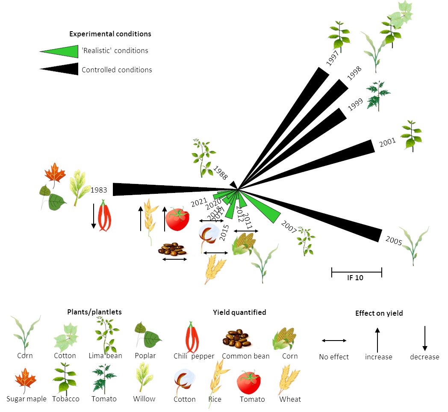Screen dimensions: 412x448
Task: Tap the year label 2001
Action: [x=387, y=142]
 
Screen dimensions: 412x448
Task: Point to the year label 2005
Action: [x=393, y=241]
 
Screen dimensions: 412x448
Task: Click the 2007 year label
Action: [x=289, y=227]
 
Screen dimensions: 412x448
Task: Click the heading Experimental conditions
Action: [x=110, y=34]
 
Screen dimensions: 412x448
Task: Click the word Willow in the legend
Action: [x=144, y=399]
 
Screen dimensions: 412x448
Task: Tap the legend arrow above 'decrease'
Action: [x=424, y=338]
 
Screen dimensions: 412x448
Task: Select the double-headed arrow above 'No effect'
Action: [x=334, y=341]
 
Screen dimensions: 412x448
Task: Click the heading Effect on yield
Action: [x=379, y=313]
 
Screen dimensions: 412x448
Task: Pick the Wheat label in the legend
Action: [x=290, y=399]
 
